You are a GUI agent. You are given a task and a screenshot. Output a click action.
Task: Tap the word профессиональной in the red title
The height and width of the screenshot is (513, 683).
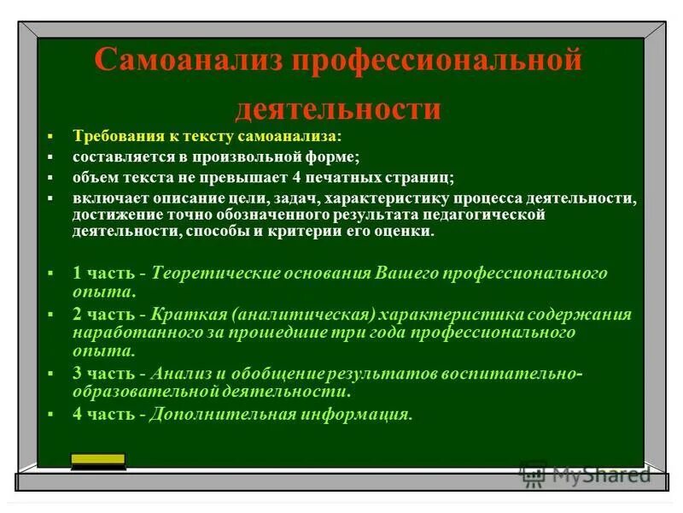[x=439, y=62]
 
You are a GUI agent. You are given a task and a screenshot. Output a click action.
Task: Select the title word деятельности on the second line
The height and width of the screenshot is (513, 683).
[x=338, y=109]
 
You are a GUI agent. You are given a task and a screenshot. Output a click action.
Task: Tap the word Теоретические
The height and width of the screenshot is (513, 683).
[x=206, y=273]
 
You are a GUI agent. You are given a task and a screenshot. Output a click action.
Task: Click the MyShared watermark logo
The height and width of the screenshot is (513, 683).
[x=585, y=474]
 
